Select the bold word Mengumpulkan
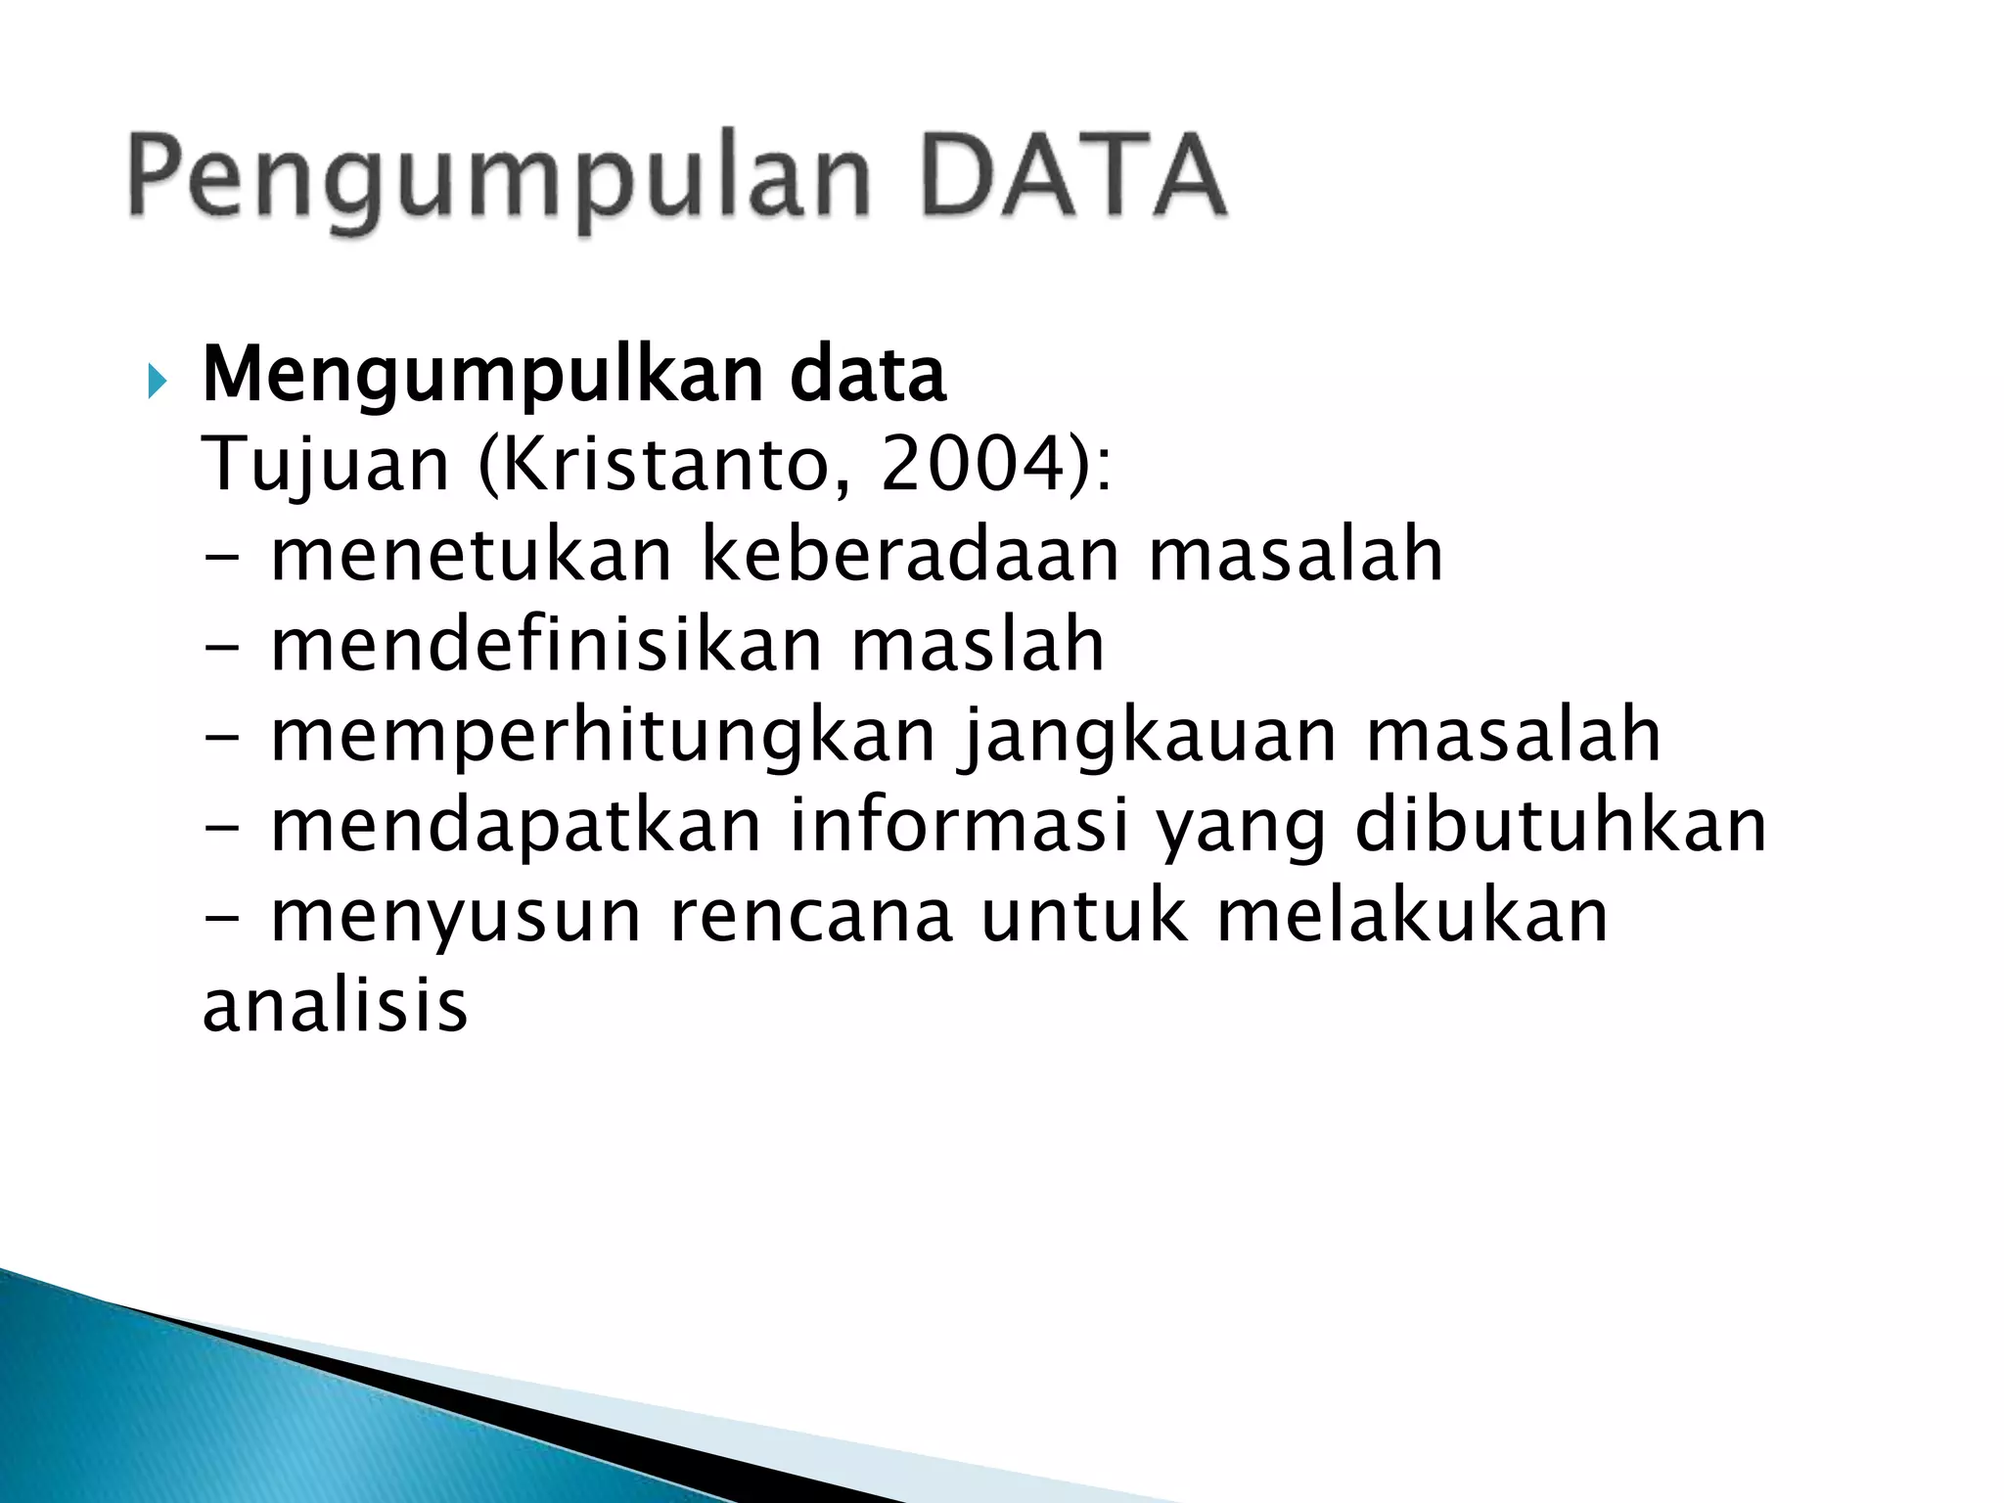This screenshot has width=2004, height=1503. [481, 377]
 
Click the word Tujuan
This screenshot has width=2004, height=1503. [325, 466]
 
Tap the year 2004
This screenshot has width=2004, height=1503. [971, 464]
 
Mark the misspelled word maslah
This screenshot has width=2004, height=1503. [978, 644]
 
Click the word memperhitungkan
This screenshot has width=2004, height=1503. [604, 736]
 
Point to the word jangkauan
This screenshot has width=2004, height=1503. [1151, 736]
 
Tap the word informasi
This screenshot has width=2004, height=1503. [959, 825]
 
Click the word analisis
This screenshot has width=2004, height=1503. [335, 1006]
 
